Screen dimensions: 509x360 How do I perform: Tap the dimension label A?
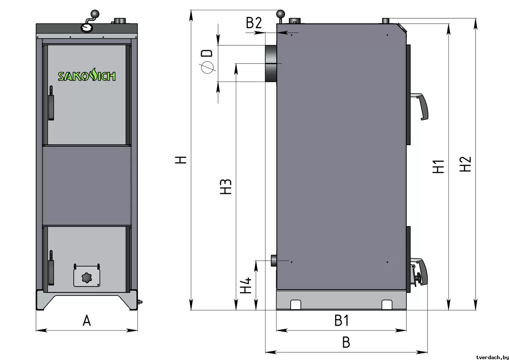pos(87,321)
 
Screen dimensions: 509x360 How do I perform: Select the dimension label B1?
pos(341,321)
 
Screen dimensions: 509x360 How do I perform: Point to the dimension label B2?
pos(254,23)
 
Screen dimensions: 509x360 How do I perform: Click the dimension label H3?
pos(226,187)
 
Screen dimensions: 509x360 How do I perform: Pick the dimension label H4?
pos(246,285)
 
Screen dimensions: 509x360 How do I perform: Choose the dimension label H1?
pos(438,166)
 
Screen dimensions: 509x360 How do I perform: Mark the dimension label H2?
pos(465,164)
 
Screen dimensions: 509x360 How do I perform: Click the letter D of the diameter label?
pos(207,53)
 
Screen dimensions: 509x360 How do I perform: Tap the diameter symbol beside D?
pos(207,67)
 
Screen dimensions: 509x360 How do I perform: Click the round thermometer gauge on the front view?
pos(87,27)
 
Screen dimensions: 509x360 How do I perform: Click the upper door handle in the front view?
pos(51,103)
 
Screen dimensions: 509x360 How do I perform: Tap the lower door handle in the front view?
pos(51,267)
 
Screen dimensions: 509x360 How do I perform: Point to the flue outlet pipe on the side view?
pos(271,63)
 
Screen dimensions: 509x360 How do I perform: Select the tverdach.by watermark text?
pos(492,357)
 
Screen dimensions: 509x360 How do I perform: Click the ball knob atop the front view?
pos(95,14)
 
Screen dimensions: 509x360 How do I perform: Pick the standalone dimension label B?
pos(346,342)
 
